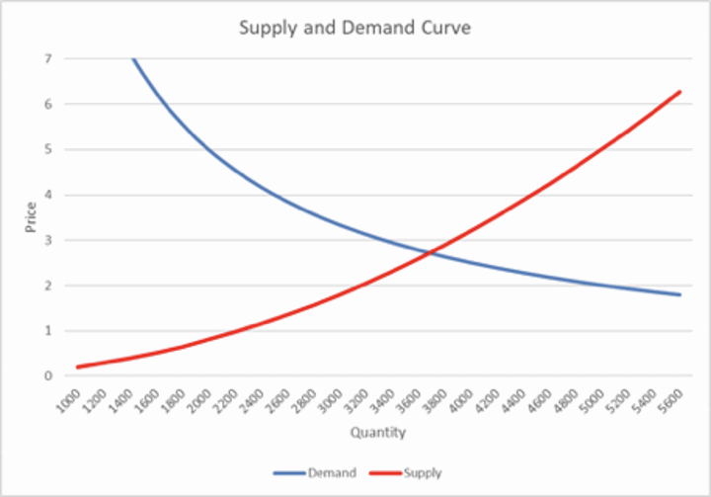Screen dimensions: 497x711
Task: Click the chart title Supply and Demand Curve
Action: tap(355, 28)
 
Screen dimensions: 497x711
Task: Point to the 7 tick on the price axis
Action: tap(47, 59)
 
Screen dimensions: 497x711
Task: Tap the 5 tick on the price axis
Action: tap(47, 150)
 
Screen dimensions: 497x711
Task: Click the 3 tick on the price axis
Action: tap(47, 240)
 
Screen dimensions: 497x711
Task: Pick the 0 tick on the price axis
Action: tap(47, 376)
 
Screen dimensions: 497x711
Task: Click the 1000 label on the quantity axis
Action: tap(68, 398)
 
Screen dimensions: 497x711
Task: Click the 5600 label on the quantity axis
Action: tap(671, 398)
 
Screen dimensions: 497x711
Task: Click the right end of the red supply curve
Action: tap(680, 92)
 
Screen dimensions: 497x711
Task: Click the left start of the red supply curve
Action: tap(78, 367)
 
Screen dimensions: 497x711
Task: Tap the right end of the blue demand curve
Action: tap(680, 294)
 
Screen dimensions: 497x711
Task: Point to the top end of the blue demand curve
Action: tap(132, 59)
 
